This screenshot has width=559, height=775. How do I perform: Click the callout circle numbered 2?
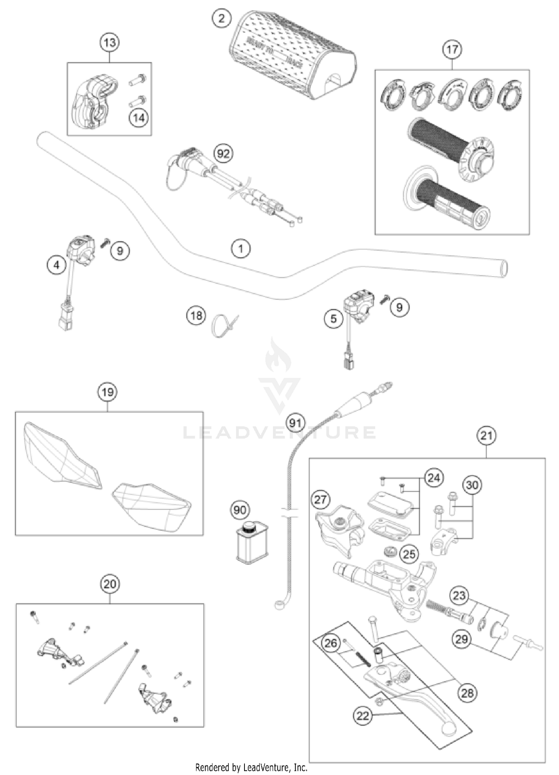click(222, 18)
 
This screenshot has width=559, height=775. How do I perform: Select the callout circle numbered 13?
click(110, 43)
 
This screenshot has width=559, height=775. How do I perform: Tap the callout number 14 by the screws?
click(139, 118)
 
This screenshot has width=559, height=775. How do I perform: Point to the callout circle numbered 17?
click(452, 49)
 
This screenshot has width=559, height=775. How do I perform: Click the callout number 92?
click(223, 153)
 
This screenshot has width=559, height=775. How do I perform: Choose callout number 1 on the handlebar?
click(241, 248)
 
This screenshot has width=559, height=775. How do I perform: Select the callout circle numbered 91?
click(296, 423)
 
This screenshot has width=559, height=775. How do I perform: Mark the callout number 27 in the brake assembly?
click(320, 499)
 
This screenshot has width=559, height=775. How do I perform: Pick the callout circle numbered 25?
click(409, 554)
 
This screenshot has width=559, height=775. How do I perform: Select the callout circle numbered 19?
click(108, 392)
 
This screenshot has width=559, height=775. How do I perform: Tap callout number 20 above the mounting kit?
click(110, 584)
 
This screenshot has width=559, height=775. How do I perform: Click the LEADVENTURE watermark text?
click(279, 433)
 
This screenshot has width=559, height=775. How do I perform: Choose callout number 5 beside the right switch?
click(334, 319)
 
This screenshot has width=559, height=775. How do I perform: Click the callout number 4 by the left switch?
click(56, 265)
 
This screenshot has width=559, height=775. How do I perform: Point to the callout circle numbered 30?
click(472, 485)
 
